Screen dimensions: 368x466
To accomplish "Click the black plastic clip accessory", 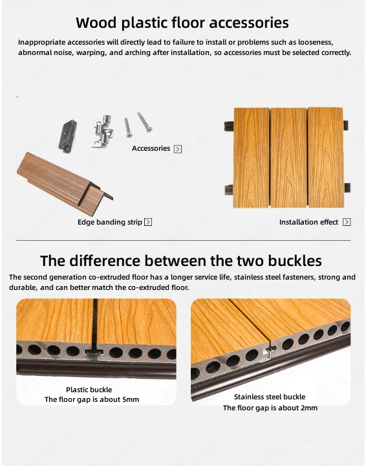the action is tap(67, 136).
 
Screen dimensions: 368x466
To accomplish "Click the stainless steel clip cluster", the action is tap(103, 131).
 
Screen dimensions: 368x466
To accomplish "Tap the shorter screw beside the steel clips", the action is tap(128, 128).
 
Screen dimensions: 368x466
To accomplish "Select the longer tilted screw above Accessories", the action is tap(145, 122).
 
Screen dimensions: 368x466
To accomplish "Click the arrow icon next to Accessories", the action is tap(178, 149).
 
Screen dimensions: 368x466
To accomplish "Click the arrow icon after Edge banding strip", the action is tap(148, 222).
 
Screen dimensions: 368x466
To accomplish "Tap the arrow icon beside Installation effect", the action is tap(347, 222).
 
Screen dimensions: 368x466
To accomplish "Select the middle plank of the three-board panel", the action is tap(288, 158).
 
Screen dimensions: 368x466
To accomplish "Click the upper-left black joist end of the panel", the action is tap(229, 125).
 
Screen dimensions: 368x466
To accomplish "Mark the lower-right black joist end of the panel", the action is tap(347, 188).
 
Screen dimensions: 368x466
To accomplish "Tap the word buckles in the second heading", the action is tap(294, 261).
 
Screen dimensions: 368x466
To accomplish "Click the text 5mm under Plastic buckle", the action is tap(131, 399).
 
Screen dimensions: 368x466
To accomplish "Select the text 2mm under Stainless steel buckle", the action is tap(308, 408).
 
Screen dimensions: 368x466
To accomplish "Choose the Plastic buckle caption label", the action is tap(89, 390).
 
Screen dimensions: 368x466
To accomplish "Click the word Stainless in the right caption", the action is tap(248, 397).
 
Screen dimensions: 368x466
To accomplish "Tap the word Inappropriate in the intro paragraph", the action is tap(41, 42).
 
